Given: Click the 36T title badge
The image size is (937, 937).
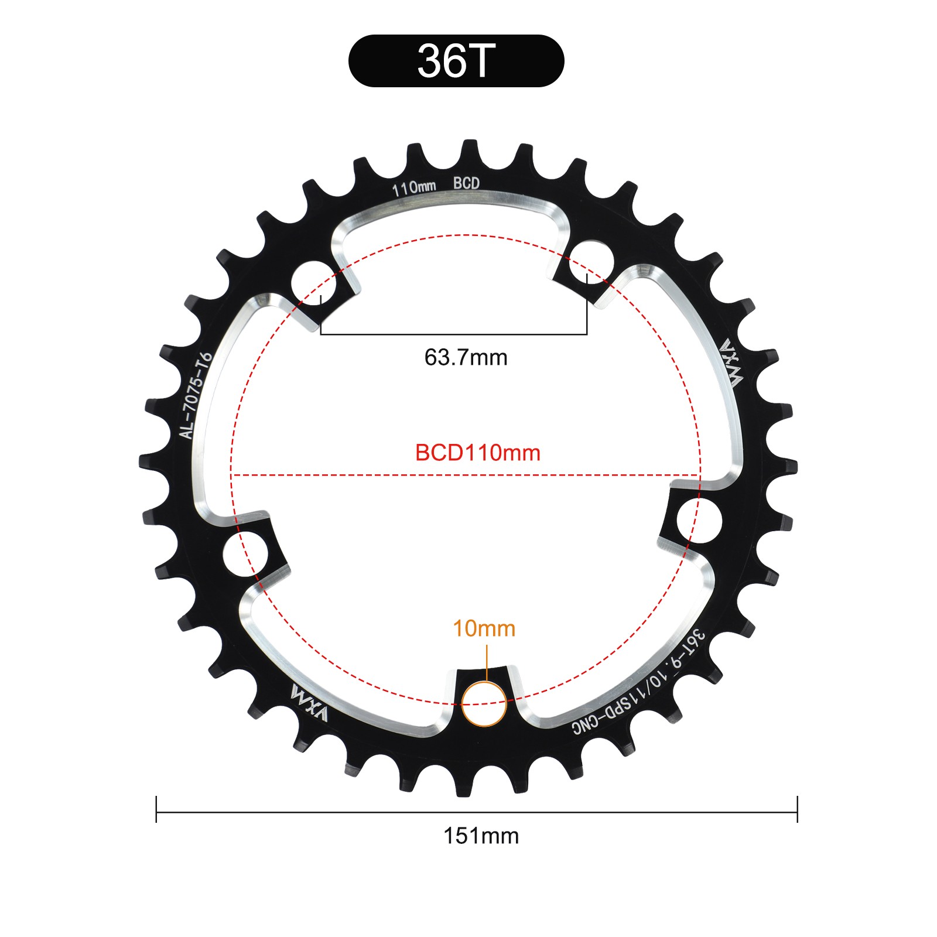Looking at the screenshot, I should point(456,61).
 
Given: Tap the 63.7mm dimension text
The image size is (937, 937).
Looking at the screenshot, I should point(466,357).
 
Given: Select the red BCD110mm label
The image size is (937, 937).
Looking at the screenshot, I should point(477,453).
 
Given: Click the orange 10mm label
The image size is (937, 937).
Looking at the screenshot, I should point(484,628).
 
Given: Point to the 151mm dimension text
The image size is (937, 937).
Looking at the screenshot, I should point(481,836).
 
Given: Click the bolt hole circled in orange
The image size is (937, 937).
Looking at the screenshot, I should point(484,704).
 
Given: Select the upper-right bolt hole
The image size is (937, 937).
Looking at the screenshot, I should point(591,261).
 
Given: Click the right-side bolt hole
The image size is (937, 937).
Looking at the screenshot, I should point(699,521).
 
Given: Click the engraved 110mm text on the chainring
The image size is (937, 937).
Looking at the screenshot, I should point(413,188).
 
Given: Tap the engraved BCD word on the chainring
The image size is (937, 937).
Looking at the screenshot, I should point(466,183).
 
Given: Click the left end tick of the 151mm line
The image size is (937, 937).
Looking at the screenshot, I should point(156,809).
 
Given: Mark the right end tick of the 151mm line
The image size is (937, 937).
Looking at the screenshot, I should point(798,809).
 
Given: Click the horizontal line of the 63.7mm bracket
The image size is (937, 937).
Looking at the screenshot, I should point(454,334).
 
